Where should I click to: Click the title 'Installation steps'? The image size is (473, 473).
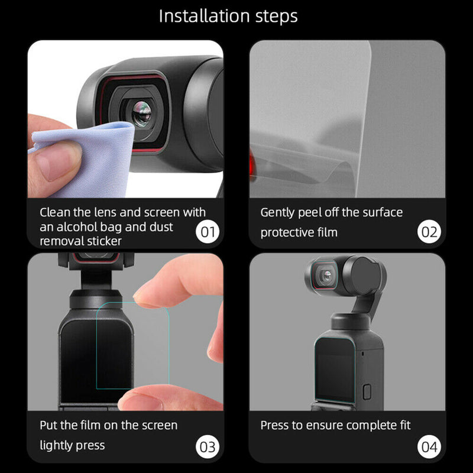228,16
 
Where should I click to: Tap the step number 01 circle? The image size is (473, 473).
208,231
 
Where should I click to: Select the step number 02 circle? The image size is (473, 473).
429,231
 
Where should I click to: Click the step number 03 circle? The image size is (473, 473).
208,446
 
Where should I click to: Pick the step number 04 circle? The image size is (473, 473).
429,446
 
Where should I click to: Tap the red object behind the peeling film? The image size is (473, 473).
253,162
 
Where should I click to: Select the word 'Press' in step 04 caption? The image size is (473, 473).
274,425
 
